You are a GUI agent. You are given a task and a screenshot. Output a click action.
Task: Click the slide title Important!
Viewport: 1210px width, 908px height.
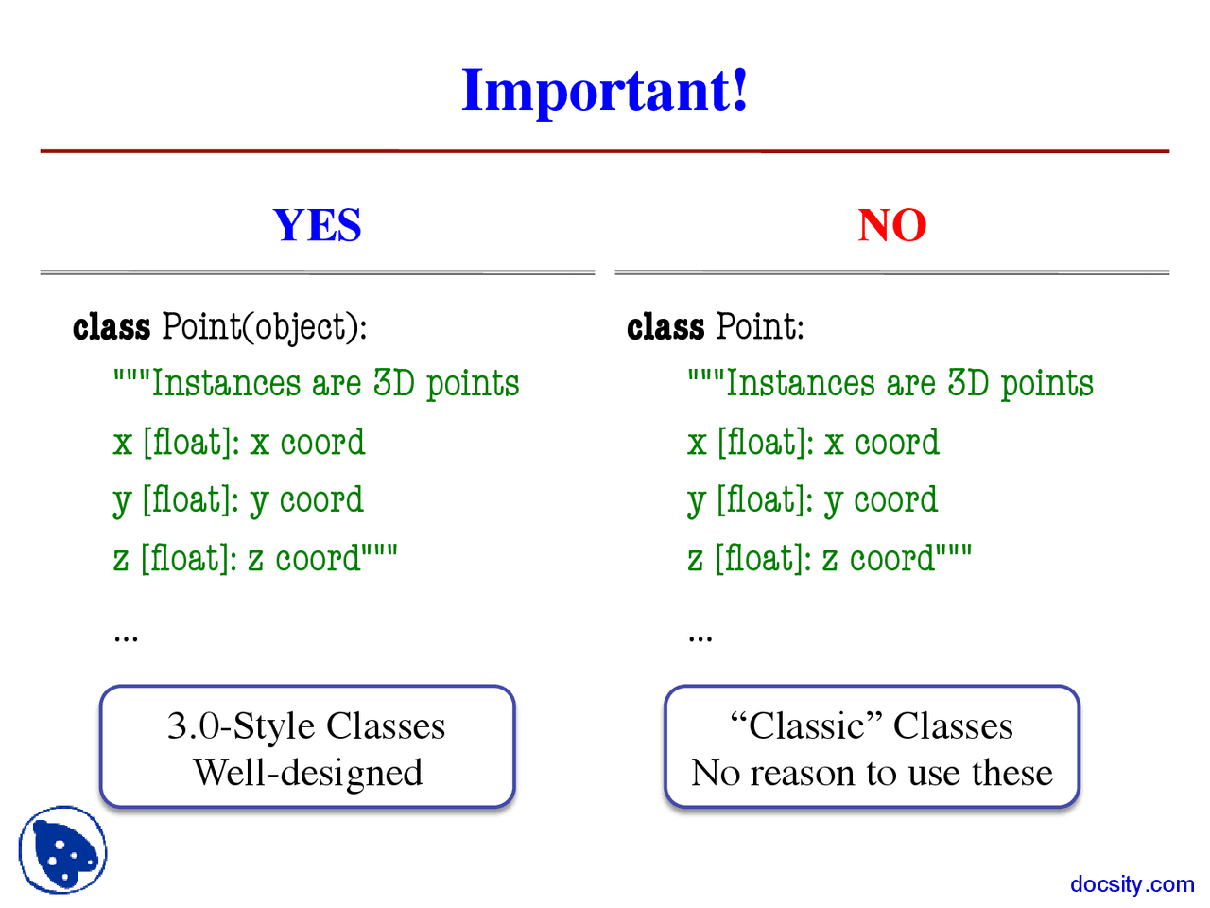click(x=604, y=91)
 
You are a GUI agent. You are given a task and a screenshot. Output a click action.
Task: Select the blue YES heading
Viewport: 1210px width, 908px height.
click(x=317, y=225)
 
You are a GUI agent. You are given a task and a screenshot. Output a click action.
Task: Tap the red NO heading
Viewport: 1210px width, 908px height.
click(x=891, y=225)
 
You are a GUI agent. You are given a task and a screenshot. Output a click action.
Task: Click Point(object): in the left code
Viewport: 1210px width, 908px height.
click(x=265, y=327)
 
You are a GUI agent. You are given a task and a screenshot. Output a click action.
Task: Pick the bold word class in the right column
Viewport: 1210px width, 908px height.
click(x=665, y=327)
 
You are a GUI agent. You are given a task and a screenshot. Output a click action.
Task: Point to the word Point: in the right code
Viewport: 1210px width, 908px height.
click(x=761, y=327)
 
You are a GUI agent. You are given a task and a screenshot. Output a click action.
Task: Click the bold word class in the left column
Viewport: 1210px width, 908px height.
click(x=112, y=327)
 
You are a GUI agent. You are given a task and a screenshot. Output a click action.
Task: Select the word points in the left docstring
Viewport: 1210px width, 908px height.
click(x=473, y=384)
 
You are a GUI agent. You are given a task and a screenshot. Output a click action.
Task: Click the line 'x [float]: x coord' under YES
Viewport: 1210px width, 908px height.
click(x=239, y=443)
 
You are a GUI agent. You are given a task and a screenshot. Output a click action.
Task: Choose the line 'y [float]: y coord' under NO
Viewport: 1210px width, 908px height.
click(x=813, y=500)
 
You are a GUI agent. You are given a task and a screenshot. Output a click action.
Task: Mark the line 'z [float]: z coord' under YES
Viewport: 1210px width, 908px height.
click(x=255, y=558)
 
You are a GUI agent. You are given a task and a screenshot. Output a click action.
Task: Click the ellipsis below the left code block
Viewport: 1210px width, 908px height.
click(x=126, y=637)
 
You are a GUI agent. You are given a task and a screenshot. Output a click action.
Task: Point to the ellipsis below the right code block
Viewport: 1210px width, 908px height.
click(x=700, y=637)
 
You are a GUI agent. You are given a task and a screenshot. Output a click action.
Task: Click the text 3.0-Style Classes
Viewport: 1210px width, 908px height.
click(x=306, y=726)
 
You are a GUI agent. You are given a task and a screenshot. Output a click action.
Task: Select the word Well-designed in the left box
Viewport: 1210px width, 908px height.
click(x=307, y=773)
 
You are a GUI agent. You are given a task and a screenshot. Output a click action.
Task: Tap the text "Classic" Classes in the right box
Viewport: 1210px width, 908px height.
click(x=872, y=726)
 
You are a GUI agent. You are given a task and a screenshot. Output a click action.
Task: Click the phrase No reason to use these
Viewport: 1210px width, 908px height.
click(x=872, y=773)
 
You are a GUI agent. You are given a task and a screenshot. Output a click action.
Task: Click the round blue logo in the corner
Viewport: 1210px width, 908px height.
click(x=62, y=849)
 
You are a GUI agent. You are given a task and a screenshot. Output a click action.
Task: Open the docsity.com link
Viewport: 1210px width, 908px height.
click(x=1132, y=884)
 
